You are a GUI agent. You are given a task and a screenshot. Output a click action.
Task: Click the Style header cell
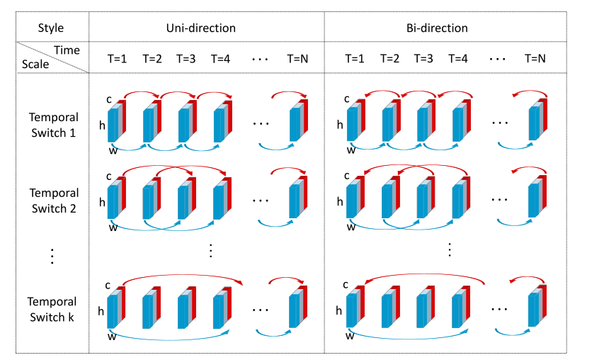click(x=51, y=28)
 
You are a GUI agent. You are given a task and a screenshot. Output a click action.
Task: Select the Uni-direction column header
click(x=206, y=28)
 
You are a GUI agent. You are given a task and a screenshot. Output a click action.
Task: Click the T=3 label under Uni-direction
click(x=186, y=57)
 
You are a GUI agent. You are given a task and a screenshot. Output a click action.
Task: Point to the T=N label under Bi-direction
click(x=535, y=57)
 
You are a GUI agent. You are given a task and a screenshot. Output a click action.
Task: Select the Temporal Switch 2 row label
click(x=54, y=201)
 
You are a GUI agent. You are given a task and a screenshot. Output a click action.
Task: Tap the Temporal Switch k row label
click(x=54, y=310)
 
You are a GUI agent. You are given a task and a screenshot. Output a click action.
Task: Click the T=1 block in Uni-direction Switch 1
click(x=116, y=123)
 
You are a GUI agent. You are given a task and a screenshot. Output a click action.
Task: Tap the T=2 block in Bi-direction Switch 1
click(x=389, y=123)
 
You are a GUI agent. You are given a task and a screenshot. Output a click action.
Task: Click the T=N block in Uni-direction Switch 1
click(x=299, y=123)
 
